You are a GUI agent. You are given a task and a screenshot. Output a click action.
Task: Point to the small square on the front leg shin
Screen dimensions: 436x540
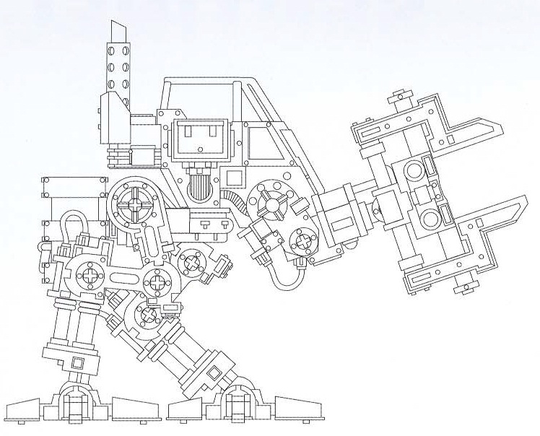click(214, 372)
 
